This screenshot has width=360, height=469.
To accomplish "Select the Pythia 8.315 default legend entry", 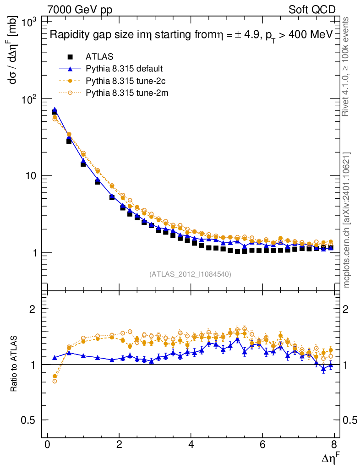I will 124,69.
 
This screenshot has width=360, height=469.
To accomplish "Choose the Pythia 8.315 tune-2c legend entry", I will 124,81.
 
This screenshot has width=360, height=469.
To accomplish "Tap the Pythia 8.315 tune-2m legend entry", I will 125,93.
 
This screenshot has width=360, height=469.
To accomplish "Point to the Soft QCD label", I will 312,10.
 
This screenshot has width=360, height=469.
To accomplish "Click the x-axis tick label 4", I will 191,446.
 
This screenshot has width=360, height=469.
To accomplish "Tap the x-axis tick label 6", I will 262,446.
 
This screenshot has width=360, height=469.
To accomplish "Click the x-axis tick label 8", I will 334,446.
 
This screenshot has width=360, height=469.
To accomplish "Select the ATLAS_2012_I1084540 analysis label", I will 190,274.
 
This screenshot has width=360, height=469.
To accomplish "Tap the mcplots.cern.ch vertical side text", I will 346,220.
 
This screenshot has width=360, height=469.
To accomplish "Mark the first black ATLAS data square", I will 55,113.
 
